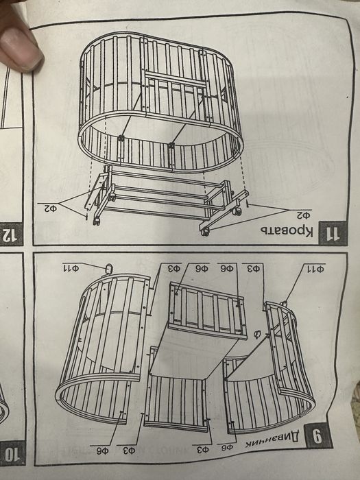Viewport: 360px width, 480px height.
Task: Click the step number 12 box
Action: pyautogui.click(x=10, y=235)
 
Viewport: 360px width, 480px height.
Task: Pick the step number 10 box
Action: pyautogui.click(x=12, y=453)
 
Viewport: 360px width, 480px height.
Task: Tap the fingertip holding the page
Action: pyautogui.click(x=21, y=41)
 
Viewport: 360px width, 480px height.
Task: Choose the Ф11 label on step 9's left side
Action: pyautogui.click(x=72, y=266)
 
